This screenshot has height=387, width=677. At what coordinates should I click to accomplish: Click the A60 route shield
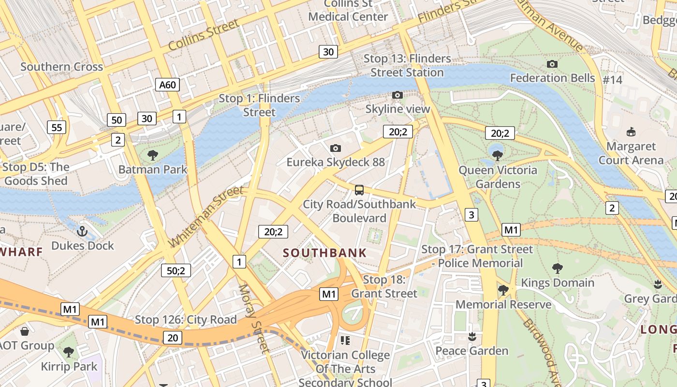[x=168, y=85]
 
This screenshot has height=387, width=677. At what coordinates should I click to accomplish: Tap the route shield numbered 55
[x=57, y=127]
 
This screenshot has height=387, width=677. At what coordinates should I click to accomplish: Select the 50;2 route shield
[x=176, y=270]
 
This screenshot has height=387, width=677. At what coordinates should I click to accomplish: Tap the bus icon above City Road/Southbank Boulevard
[x=359, y=190]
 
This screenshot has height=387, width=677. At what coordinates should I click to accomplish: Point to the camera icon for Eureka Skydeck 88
[x=336, y=148]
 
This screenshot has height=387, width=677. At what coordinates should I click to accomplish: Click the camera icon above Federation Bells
[x=552, y=64]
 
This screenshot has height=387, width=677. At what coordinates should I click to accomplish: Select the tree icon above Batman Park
[x=153, y=155]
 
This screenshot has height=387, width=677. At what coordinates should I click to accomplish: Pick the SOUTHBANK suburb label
[x=324, y=253]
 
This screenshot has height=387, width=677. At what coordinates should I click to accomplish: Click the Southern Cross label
[x=61, y=67]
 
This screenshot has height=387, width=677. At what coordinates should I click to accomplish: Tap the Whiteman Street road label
[x=206, y=216]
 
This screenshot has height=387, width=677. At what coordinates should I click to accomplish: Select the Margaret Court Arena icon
[x=631, y=132]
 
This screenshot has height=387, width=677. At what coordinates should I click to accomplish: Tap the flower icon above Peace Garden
[x=472, y=336]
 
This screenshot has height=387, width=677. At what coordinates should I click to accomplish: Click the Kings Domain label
[x=557, y=283]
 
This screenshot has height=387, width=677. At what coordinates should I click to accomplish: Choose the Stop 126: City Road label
[x=186, y=320]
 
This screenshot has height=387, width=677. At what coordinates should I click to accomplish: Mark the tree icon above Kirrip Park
[x=69, y=352]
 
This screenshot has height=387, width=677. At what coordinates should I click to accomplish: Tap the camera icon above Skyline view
[x=397, y=95]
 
